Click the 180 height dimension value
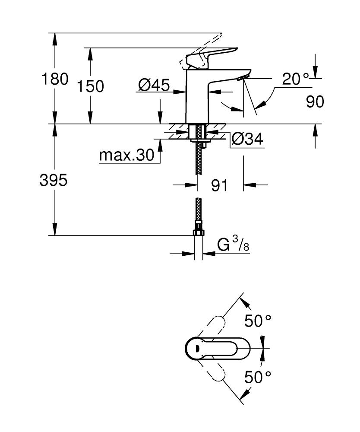pyautogui.click(x=54, y=79)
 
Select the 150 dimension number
pyautogui.click(x=90, y=86)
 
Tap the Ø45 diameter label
pyautogui.click(x=154, y=86)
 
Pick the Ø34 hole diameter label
pyautogui.click(x=247, y=139)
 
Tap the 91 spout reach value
pyautogui.click(x=219, y=185)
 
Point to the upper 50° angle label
pyautogui.click(x=258, y=321)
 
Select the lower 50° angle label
pyautogui.click(x=258, y=377)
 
